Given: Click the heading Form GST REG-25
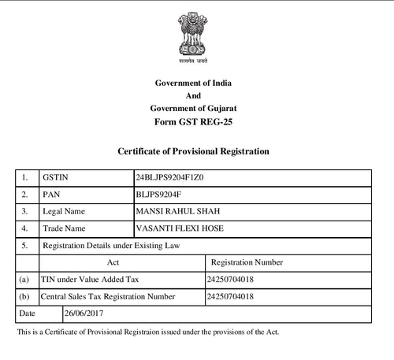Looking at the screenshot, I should (193, 121).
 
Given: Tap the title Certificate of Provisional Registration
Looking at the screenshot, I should (193, 150).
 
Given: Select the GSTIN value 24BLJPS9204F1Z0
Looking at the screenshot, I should (169, 176).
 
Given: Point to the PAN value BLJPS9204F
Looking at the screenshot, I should (158, 194).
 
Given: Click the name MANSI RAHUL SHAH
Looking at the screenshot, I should (173, 211).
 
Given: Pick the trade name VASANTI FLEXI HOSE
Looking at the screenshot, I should (177, 228).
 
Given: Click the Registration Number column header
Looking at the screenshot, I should (247, 262).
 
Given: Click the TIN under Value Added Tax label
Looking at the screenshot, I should (89, 280).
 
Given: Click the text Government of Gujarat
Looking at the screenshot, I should (193, 108).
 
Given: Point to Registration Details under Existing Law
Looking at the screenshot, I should (111, 246).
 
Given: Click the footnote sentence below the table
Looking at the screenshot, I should (147, 332).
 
